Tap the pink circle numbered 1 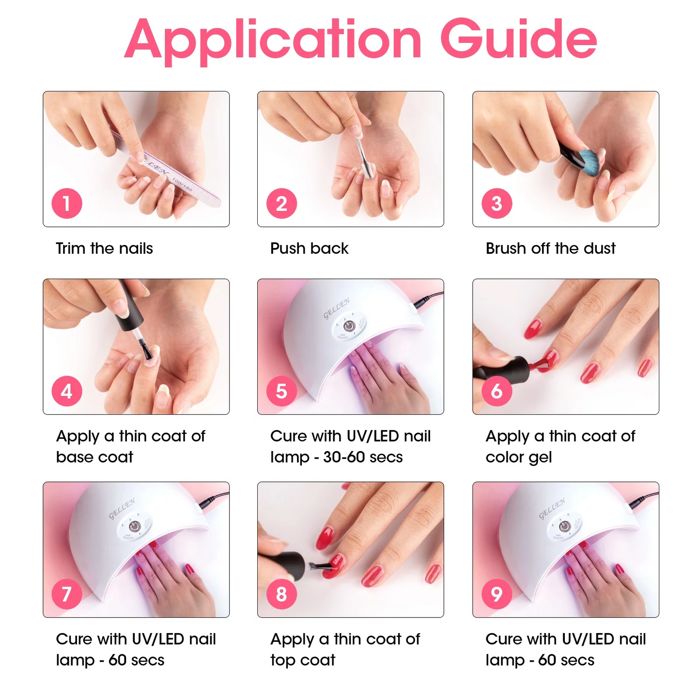pyautogui.click(x=67, y=203)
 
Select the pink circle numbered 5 pyautogui.click(x=281, y=391)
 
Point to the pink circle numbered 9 pyautogui.click(x=497, y=594)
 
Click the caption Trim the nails pyautogui.click(x=104, y=249)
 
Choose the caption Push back pyautogui.click(x=309, y=249)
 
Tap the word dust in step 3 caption pyautogui.click(x=600, y=249)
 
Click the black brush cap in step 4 pyautogui.click(x=131, y=305)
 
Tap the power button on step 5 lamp pyautogui.click(x=349, y=326)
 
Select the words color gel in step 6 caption pyautogui.click(x=518, y=457)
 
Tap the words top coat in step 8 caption pyautogui.click(x=303, y=660)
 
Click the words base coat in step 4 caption pyautogui.click(x=94, y=457)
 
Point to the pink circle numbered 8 pyautogui.click(x=281, y=594)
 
